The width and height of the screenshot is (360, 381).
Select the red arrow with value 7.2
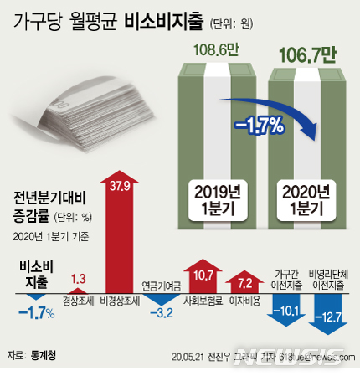pos(245,281)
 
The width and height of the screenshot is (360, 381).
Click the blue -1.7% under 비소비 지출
pos(36,313)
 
